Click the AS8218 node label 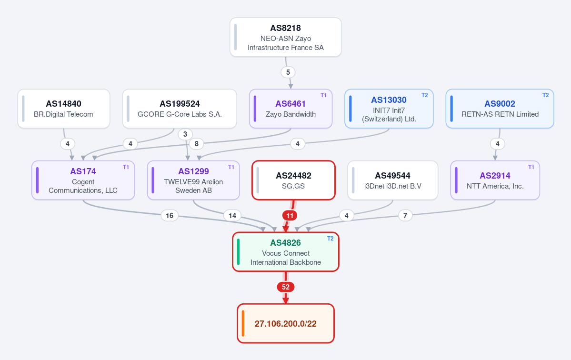click(286, 28)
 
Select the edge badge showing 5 click(288, 72)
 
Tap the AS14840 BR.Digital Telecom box click(64, 109)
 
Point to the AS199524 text click(180, 104)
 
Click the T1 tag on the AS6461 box click(323, 95)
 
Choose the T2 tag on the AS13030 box click(425, 95)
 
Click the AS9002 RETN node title click(500, 104)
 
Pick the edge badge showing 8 click(197, 144)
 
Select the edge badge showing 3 click(185, 134)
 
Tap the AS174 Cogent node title click(83, 171)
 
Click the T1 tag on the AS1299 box click(231, 167)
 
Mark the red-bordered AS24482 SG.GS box click(293, 180)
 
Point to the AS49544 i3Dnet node click(392, 180)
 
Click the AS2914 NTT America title click(495, 176)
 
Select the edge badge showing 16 click(170, 216)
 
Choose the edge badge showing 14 click(232, 216)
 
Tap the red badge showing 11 click(290, 216)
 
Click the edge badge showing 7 click(405, 216)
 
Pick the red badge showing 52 click(286, 287)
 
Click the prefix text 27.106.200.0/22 click(286, 324)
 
